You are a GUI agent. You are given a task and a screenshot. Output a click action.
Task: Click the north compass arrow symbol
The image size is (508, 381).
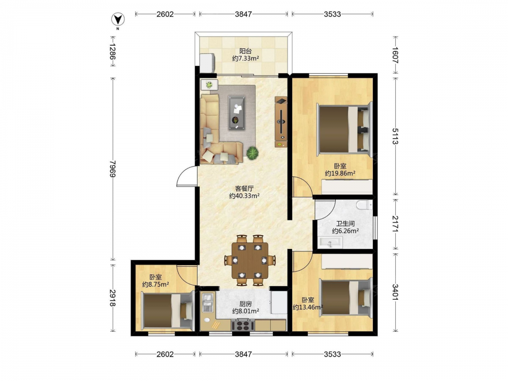(x=118, y=20)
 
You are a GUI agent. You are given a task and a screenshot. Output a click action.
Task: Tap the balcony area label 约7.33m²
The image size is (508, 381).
(x=245, y=58)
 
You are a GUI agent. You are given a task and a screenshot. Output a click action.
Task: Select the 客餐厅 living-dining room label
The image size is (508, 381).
(x=244, y=188)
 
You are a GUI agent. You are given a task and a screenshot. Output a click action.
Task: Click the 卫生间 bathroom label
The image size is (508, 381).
(x=345, y=224)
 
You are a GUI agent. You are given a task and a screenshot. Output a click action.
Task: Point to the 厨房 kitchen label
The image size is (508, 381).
(x=245, y=304)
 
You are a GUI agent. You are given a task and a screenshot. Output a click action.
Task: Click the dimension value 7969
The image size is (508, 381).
(x=112, y=169)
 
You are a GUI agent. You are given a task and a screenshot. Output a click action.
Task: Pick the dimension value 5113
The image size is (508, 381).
(x=395, y=136)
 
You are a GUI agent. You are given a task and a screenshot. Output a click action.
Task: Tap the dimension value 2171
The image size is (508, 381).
(x=395, y=224)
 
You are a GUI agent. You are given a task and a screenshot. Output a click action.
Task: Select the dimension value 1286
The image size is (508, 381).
(x=112, y=52)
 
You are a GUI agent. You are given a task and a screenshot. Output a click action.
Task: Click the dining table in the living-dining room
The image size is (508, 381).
(x=250, y=261)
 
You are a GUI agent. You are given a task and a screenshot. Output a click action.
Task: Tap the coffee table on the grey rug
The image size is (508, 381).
(x=237, y=113)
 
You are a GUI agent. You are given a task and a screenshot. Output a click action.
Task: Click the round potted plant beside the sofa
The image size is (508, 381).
(x=252, y=153)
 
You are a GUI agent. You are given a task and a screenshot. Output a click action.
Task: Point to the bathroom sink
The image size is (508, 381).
(x=331, y=242)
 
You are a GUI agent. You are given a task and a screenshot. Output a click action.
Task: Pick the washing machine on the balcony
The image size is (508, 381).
(x=208, y=63)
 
